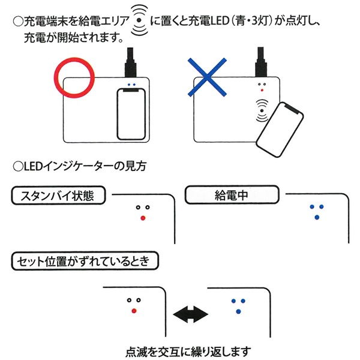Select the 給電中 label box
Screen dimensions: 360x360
[232, 195]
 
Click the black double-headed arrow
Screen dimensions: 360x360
[189, 313]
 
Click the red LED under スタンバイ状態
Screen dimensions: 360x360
[142, 218]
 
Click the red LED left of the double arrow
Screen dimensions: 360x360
[133, 310]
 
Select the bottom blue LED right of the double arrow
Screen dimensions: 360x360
[238, 310]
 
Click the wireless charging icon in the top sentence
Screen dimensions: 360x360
[140, 19]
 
